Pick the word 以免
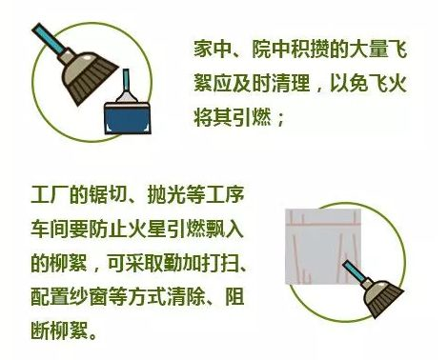pos(349,83)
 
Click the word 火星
pos(147,229)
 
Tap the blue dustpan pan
pos(128,118)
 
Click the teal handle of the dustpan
pos(127,80)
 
